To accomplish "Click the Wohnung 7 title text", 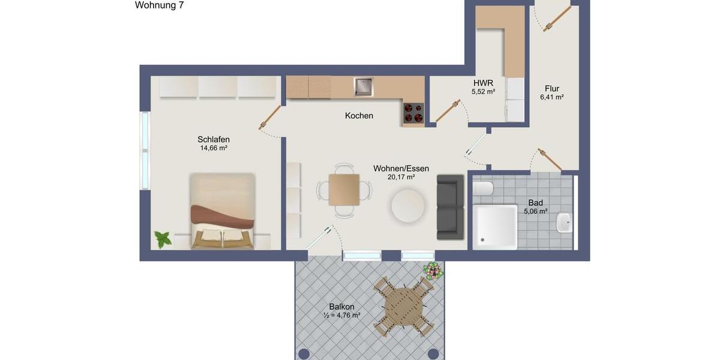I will tap(159, 5).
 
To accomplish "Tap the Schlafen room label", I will tap(214, 139).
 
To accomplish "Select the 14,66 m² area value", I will tap(214, 148).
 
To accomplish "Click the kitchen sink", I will tap(363, 87).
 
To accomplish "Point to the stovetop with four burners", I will tap(413, 112).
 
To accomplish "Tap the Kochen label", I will tap(359, 115).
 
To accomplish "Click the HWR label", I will tap(483, 83).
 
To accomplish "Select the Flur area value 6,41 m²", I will tap(551, 97).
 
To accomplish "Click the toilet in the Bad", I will tap(483, 188).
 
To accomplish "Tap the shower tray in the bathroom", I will tap(495, 226).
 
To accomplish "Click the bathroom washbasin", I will tap(563, 223).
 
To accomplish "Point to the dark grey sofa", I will tap(451, 207).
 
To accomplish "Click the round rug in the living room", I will tap(408, 206).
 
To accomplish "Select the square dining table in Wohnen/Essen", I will tap(344, 190).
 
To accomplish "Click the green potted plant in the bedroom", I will tap(163, 239).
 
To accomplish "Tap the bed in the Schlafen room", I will tap(223, 211).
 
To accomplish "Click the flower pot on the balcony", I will tap(432, 271).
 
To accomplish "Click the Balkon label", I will tap(342, 307).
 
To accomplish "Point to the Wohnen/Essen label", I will tap(401, 169).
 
